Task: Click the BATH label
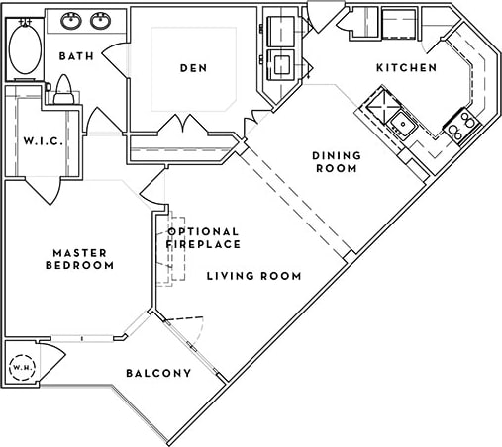(x=76, y=56)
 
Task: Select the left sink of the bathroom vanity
(x=72, y=21)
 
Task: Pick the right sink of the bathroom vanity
(x=100, y=21)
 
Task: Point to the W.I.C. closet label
(x=44, y=140)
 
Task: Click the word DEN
(x=192, y=68)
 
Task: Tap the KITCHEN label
(x=406, y=68)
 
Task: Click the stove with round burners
(x=460, y=125)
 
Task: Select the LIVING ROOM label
(x=253, y=276)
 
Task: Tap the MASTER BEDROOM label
(x=82, y=259)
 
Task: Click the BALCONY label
(x=157, y=373)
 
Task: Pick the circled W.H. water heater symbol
(x=21, y=368)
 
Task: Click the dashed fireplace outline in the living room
(x=175, y=247)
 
